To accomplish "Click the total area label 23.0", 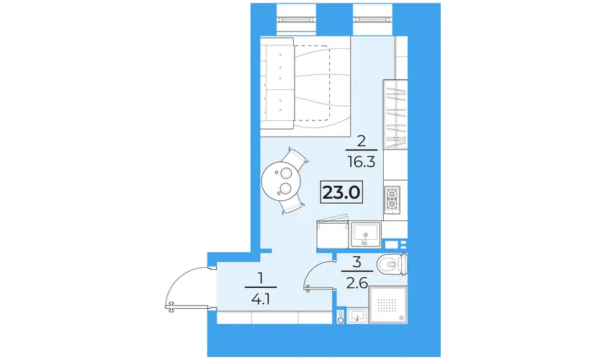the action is [x=341, y=192].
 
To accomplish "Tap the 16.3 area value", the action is [x=361, y=162].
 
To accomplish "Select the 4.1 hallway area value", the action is [x=261, y=299].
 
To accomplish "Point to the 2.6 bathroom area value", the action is [x=357, y=283].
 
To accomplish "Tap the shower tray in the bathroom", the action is [x=387, y=305].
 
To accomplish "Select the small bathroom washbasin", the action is [x=358, y=316].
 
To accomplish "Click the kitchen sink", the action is [x=365, y=235].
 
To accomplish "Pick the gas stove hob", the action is [x=392, y=200].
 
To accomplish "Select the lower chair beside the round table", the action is [x=293, y=203].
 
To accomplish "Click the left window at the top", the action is [x=296, y=19].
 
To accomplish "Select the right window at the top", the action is [x=373, y=19].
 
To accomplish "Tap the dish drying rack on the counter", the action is [x=395, y=114].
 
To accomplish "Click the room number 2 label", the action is [x=361, y=141].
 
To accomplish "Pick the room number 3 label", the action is [x=357, y=262].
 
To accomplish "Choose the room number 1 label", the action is [x=261, y=278].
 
